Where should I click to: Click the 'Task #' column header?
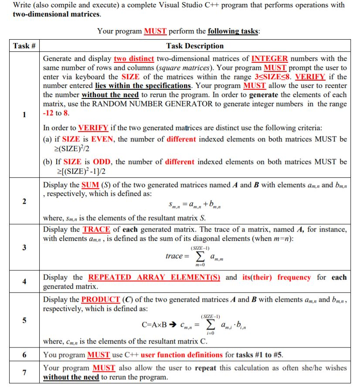point(24,46)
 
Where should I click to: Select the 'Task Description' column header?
point(195,46)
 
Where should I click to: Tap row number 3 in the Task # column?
point(24,247)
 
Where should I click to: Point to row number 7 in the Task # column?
point(24,372)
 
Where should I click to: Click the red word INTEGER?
point(270,58)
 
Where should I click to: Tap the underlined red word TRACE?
point(96,229)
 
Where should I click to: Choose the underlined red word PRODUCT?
point(101,300)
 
